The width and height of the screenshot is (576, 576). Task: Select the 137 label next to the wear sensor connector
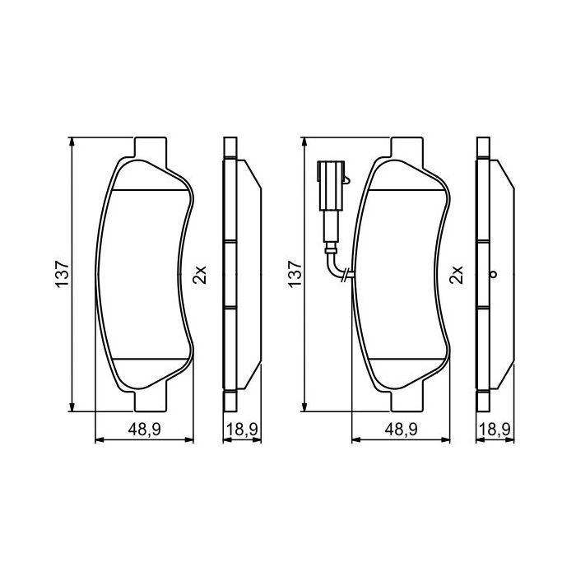[x=295, y=274]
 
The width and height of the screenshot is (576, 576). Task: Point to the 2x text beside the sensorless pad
[x=197, y=275]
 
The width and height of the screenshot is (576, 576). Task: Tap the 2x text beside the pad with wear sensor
[x=458, y=275]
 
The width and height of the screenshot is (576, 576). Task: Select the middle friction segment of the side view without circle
[x=231, y=275]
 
